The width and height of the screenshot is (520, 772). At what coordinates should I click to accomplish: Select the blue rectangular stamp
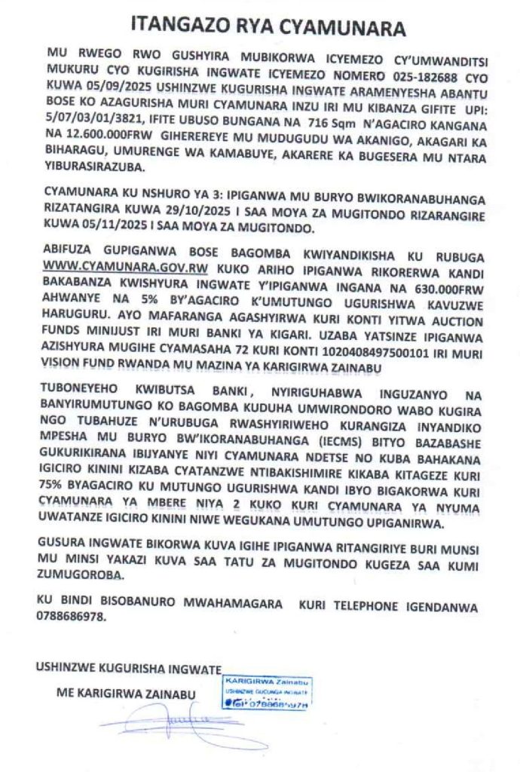coord(268,693)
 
